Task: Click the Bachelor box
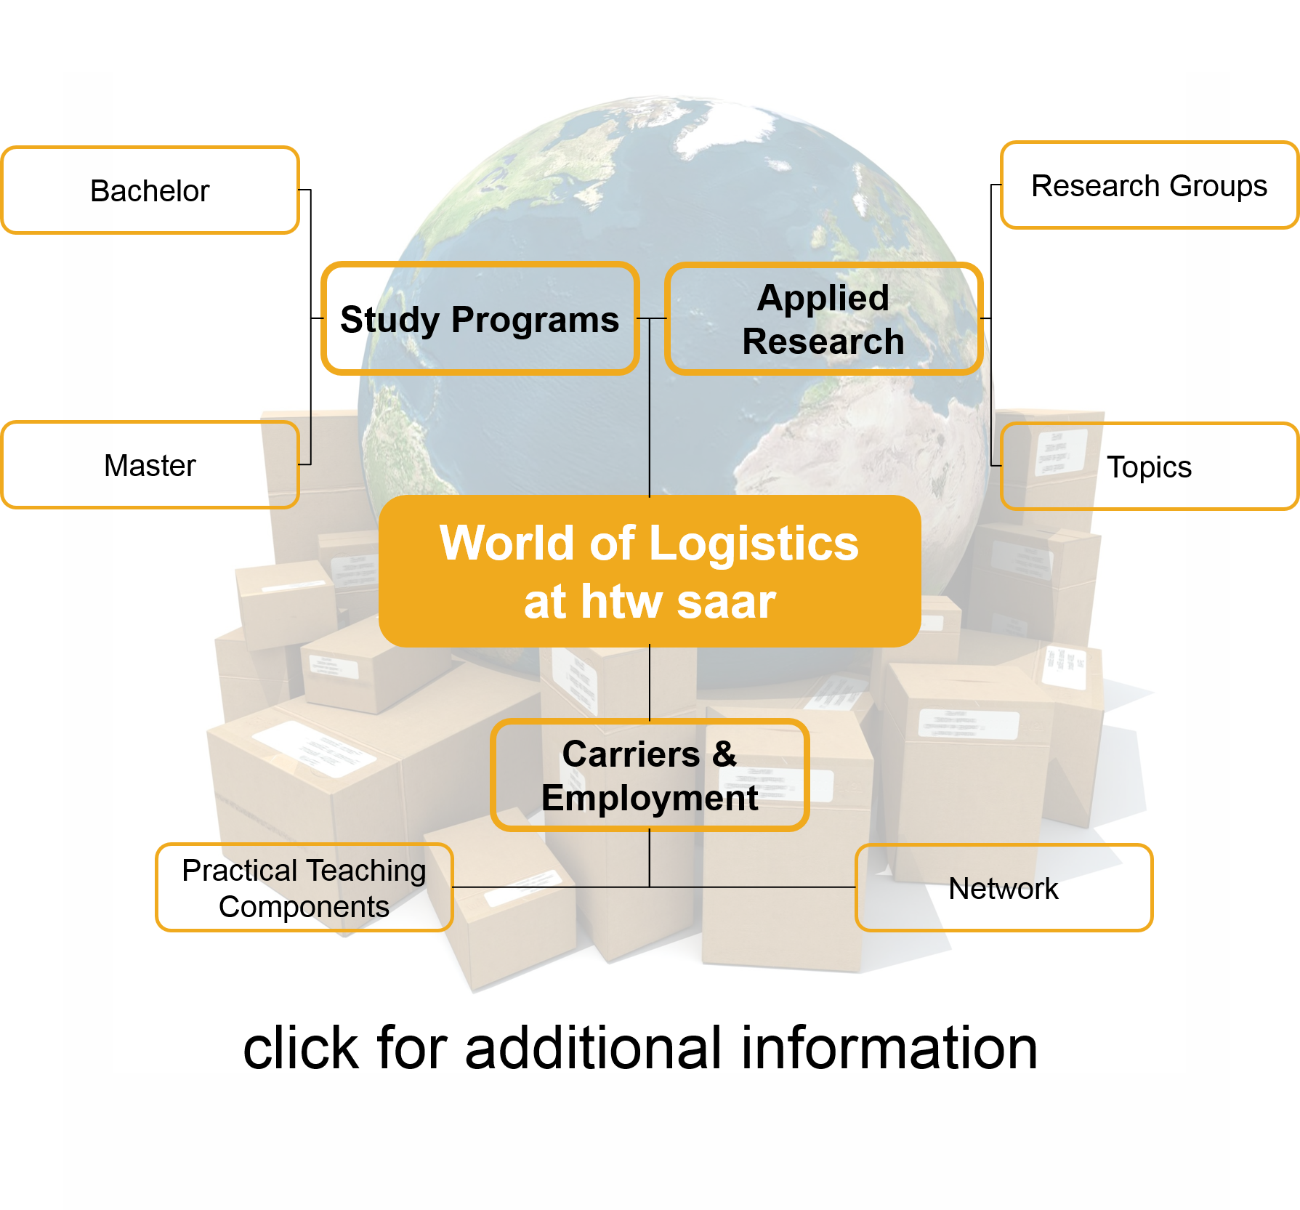150,190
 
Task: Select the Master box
150,465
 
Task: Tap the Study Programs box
480,319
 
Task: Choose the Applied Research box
823,319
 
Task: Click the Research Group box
1148,185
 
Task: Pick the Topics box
1149,467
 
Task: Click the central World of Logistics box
650,572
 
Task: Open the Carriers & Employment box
650,775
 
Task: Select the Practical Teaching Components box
304,887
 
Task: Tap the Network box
1004,888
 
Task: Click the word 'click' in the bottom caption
300,1048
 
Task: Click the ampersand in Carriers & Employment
724,754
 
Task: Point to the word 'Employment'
650,798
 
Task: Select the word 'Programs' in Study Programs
535,320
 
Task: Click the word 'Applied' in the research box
823,297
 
